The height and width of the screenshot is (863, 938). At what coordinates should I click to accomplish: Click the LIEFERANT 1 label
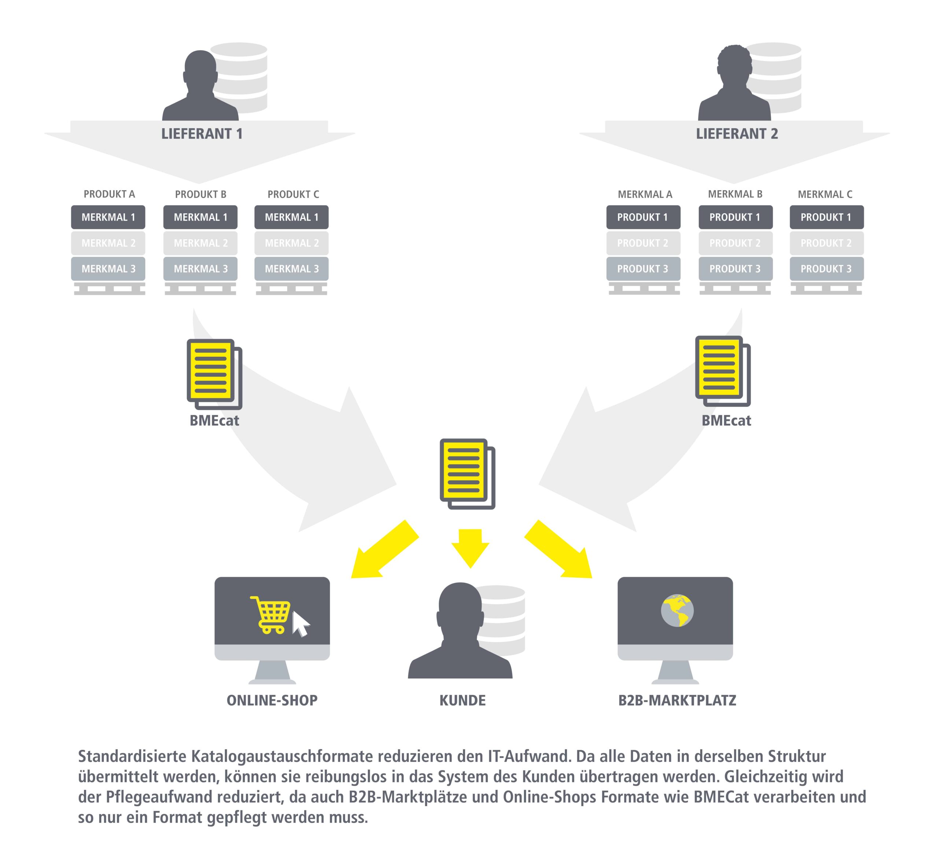click(x=202, y=134)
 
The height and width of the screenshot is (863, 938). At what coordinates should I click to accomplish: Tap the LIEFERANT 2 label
click(x=737, y=134)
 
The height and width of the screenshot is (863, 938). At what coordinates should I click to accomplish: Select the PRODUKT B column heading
click(x=200, y=194)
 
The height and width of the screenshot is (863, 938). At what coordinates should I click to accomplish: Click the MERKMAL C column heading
click(x=825, y=194)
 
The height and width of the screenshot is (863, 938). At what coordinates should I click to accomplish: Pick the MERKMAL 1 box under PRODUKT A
click(x=108, y=217)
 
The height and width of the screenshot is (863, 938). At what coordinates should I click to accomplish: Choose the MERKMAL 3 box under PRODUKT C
click(x=292, y=269)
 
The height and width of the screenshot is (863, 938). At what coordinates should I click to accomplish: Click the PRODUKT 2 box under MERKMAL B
click(x=735, y=243)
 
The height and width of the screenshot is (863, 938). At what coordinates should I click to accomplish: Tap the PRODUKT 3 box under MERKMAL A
click(x=643, y=269)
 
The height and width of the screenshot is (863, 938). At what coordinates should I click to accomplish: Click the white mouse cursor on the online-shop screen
click(x=300, y=624)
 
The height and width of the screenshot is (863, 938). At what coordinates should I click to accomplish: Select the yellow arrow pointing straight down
click(x=470, y=547)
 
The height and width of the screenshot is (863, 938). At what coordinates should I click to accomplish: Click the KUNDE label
click(x=462, y=700)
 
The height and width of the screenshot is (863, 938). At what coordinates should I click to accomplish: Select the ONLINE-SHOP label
click(x=272, y=700)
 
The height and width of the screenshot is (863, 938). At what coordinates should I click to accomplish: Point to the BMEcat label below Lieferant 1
click(x=214, y=421)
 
